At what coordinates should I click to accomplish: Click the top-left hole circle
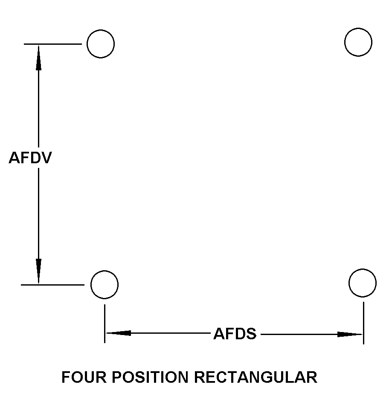tap(101, 43)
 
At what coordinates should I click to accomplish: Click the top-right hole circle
tap(358, 42)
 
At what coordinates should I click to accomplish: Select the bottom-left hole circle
tap(105, 284)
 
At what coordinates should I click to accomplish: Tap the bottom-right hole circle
tap(363, 283)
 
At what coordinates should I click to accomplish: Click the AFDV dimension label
tap(30, 158)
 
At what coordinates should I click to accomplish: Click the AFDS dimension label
tap(235, 334)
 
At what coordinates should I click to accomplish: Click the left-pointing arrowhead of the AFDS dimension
tap(118, 333)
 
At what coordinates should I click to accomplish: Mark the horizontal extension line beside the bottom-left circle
tap(52, 284)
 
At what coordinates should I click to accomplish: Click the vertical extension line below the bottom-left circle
tap(105, 323)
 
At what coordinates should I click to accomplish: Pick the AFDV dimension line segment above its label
tap(38, 107)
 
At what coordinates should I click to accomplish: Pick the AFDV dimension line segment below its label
tap(38, 213)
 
